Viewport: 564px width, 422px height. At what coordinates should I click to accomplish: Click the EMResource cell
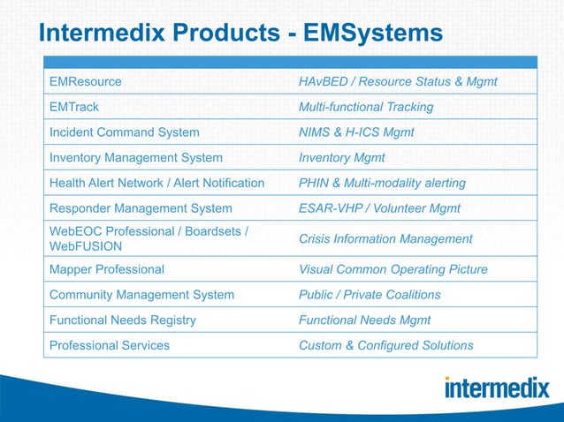tap(86, 82)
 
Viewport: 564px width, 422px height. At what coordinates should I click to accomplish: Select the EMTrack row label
tap(74, 107)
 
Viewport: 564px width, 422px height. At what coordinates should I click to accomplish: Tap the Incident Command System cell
tap(125, 132)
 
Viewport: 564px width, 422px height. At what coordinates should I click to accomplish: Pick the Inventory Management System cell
tap(136, 158)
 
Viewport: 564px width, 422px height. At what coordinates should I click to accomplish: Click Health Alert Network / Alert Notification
tap(157, 183)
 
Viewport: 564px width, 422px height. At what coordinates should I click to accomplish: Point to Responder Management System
tap(141, 208)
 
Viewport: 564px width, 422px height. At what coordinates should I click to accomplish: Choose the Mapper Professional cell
tap(107, 269)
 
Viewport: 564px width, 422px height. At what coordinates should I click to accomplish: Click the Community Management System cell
tap(142, 295)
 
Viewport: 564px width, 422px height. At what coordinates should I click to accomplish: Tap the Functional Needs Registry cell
tap(123, 320)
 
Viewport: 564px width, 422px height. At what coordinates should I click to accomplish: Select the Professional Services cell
tap(110, 345)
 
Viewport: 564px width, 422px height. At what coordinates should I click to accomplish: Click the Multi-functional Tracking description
tap(366, 107)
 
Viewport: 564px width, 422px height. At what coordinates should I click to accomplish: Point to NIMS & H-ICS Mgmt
tap(356, 132)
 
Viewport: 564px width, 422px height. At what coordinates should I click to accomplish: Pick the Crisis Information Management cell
tap(385, 238)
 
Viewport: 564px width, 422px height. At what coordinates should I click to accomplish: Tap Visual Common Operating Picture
tap(393, 269)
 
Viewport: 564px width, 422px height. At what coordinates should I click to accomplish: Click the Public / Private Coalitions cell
tap(370, 295)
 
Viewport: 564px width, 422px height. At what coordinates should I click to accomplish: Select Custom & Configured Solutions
tap(386, 345)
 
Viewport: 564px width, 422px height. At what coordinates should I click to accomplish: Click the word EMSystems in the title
tap(372, 34)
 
